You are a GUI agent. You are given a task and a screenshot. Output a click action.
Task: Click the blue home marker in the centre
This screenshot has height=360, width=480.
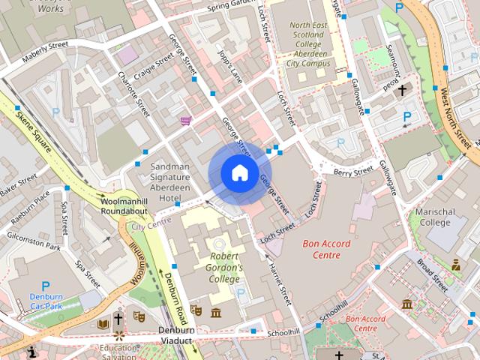pos(238,172)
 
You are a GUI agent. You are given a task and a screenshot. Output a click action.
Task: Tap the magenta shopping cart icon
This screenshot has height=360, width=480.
pos(185,120)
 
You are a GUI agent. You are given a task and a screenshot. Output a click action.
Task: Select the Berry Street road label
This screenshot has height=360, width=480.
pos(352,172)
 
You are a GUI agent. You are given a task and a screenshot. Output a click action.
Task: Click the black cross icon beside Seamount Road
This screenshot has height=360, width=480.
pos(403,90)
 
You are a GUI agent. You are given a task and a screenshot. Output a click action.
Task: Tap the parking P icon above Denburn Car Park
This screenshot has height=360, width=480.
pos(45,286)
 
